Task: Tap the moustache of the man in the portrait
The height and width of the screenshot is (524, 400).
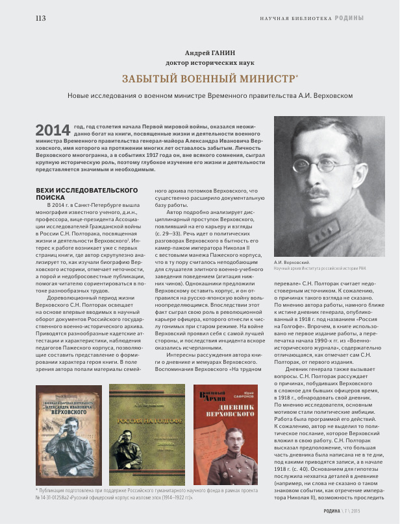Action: click(x=321, y=191)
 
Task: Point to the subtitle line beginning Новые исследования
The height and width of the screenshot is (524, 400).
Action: click(x=210, y=95)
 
